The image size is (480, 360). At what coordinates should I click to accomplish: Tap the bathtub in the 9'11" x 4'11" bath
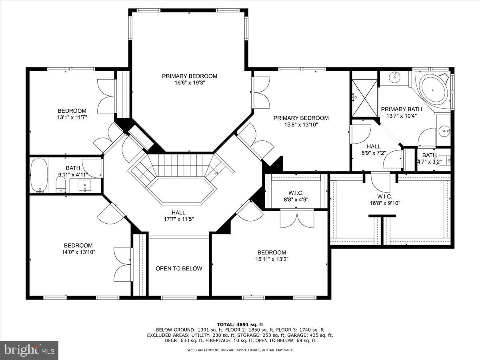coord(39,175)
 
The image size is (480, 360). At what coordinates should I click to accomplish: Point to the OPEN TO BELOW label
coord(179,268)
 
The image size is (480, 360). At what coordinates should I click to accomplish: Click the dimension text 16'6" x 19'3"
coord(190,83)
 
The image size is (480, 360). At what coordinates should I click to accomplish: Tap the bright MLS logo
coord(29,350)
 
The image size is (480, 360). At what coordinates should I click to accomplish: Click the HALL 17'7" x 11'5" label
coord(178,216)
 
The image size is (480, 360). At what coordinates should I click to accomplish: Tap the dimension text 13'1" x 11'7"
coord(72,117)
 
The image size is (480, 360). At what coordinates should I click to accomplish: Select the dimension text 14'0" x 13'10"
coord(78,252)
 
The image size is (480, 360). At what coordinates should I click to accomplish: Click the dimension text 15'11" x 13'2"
coord(272,259)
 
